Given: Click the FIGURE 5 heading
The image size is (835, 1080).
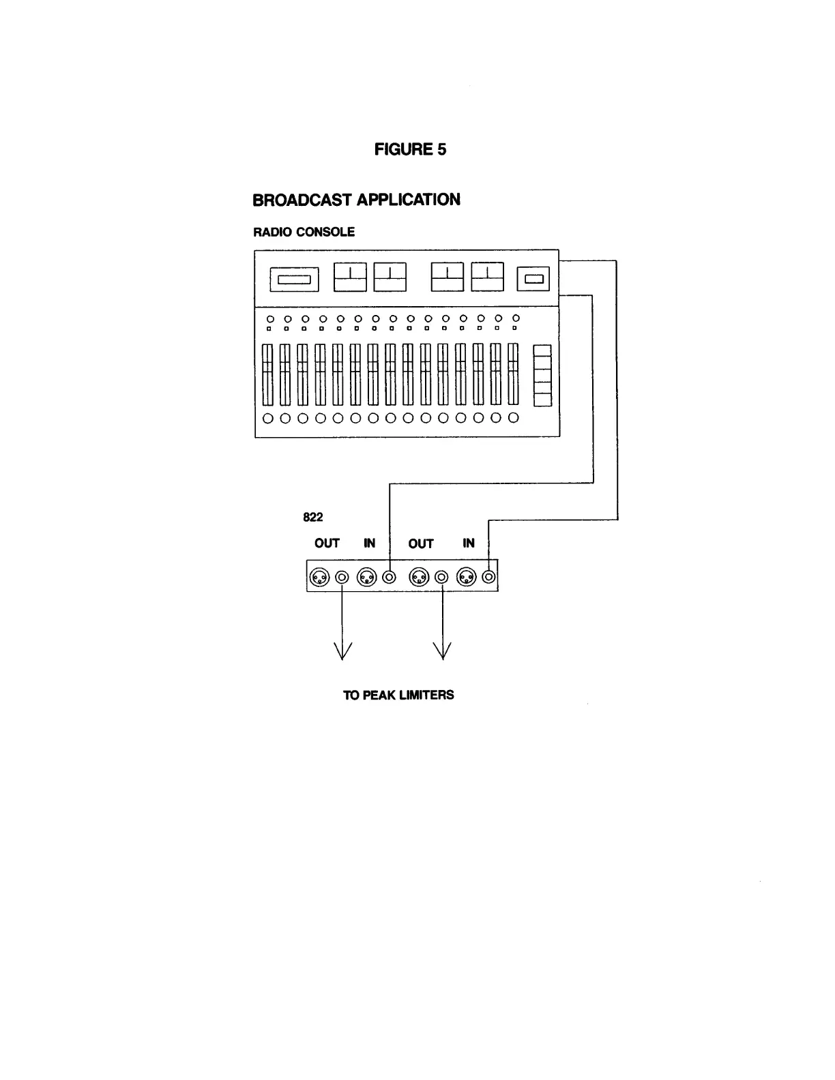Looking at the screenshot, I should click(410, 149).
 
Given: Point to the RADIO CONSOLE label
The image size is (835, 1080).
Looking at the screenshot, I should click(304, 232).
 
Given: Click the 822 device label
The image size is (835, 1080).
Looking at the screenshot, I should click(312, 517).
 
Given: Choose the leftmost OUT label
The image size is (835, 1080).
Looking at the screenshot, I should click(327, 543).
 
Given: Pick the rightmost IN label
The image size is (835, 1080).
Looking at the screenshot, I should click(469, 543).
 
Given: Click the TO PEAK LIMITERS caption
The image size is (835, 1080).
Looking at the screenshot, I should click(398, 695).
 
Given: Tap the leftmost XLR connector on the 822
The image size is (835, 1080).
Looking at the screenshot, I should click(318, 577).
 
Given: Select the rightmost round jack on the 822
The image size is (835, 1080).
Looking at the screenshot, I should click(488, 577).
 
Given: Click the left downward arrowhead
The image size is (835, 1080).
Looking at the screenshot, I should click(342, 651).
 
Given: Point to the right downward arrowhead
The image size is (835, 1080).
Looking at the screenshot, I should click(443, 651).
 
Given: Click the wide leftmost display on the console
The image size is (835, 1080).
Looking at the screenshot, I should click(295, 280).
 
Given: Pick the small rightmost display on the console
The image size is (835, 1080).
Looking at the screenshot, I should click(533, 278).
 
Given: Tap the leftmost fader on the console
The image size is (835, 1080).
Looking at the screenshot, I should click(268, 374).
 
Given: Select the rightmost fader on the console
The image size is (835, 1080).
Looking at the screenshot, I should click(513, 374).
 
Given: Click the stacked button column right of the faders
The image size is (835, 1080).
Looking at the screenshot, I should click(542, 376).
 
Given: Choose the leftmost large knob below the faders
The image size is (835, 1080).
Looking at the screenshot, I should click(268, 418).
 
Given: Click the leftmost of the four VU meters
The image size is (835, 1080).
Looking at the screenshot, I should click(350, 277).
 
